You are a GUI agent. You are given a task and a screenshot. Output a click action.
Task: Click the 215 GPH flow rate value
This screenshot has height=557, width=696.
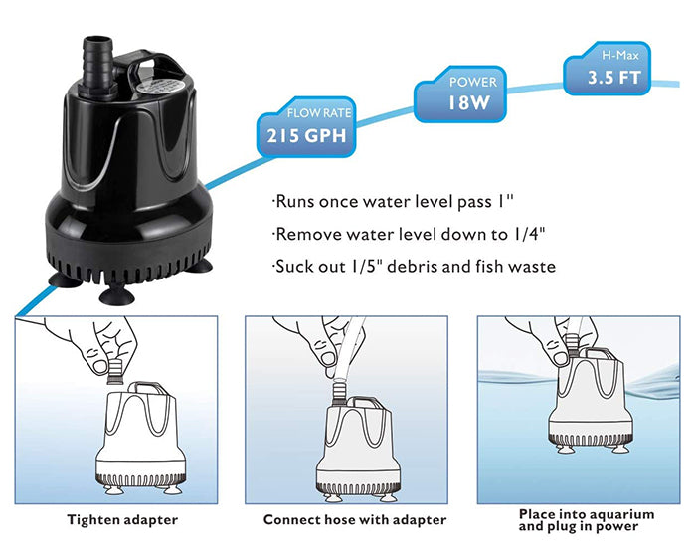[306, 136]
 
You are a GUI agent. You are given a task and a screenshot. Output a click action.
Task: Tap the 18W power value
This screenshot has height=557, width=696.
[468, 103]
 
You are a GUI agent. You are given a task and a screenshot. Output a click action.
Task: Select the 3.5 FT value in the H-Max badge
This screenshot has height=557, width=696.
[614, 78]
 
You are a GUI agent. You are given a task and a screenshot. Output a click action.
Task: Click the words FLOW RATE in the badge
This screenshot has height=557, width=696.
[319, 113]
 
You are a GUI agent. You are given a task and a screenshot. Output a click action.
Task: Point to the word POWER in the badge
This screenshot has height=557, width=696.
[473, 82]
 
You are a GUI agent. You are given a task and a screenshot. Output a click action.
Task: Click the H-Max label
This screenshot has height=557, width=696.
[620, 55]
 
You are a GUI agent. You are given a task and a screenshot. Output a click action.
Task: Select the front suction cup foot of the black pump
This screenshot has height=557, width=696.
[116, 295]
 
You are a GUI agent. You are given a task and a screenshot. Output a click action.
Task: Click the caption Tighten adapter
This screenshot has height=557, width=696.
[122, 520]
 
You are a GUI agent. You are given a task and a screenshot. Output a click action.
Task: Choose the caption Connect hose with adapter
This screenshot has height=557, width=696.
[355, 520]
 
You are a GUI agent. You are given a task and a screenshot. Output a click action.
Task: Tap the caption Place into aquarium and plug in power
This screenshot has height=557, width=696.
[587, 520]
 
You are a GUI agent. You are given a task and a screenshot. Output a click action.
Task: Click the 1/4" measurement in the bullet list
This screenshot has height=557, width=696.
[529, 234]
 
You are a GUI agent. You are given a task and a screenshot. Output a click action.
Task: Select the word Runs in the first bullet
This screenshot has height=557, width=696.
[295, 202]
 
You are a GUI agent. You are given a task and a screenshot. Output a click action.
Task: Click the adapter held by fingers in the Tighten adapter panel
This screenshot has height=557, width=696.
[115, 372]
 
